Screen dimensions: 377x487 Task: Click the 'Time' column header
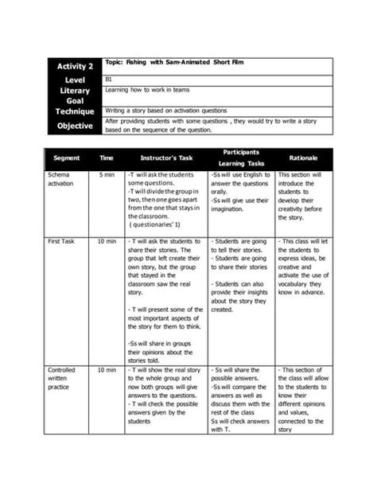[x=107, y=158]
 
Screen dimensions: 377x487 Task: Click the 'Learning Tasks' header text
[x=241, y=163]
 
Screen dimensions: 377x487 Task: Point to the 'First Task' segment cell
[x=61, y=240]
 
